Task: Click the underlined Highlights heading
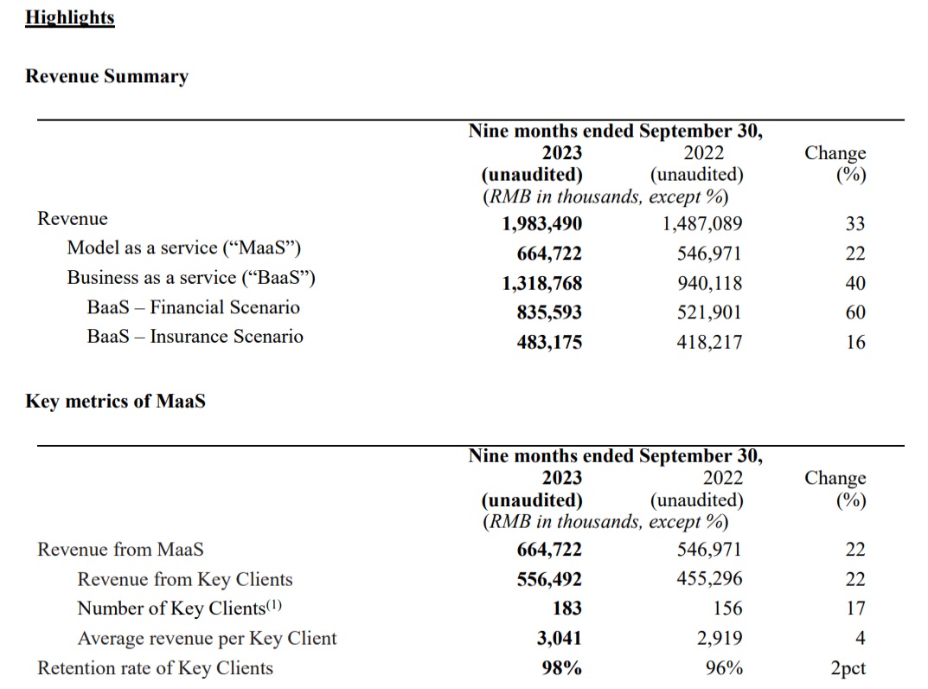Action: pos(70,18)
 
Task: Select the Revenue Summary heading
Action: pos(107,76)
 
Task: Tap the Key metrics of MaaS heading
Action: pos(115,401)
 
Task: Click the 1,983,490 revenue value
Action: pos(542,223)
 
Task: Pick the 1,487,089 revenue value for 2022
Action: pos(702,223)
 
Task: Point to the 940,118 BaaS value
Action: pos(709,283)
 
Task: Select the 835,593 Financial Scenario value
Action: pos(549,312)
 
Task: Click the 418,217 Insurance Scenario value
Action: pos(709,342)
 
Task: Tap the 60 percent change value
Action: pos(855,312)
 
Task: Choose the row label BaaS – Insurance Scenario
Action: pos(195,337)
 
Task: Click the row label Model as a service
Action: pos(184,248)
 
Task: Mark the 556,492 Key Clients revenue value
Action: pos(549,579)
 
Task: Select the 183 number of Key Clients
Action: pos(567,609)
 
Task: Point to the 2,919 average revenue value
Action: pos(719,638)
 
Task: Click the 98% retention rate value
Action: pos(561,667)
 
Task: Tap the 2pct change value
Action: pos(848,668)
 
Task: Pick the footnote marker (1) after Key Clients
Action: pos(273,605)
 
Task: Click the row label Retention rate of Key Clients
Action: pos(155,668)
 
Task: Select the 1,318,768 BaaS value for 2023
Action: pos(542,283)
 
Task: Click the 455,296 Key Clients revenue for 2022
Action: pos(709,579)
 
